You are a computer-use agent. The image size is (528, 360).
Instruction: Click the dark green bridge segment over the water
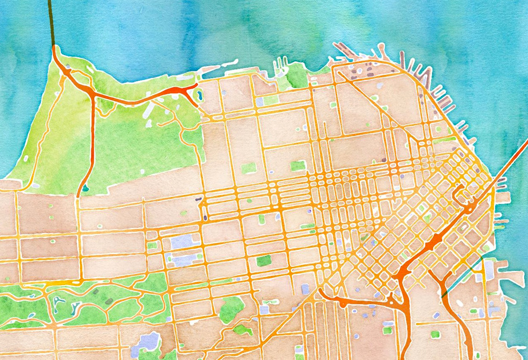51,21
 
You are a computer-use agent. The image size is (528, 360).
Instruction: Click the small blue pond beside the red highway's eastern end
200,97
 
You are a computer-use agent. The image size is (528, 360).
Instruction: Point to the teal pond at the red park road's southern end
84,188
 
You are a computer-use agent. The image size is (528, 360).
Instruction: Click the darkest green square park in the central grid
263,260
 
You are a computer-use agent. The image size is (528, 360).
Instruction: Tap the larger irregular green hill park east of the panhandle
231,308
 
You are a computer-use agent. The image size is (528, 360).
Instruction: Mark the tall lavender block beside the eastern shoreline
489,270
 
